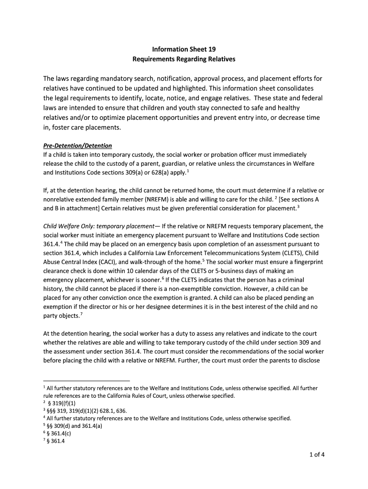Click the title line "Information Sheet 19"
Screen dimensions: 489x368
[x=184, y=49]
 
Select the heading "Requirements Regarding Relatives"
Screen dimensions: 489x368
[x=184, y=60]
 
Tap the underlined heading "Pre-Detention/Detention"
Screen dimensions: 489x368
[x=77, y=146]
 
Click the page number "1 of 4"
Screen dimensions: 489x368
[x=316, y=454]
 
